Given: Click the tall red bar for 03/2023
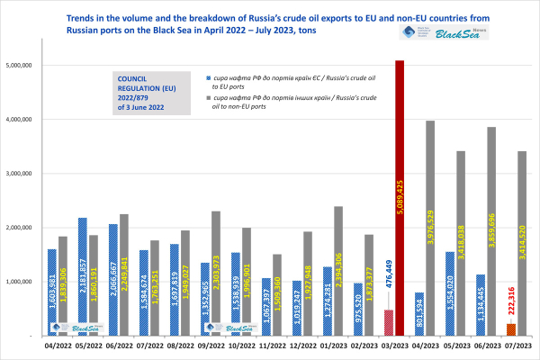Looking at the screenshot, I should [x=400, y=198].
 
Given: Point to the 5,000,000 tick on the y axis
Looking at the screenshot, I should [x=19, y=66].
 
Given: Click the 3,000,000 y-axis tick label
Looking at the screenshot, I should [x=19, y=174].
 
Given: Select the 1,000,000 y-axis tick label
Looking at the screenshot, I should [x=19, y=282].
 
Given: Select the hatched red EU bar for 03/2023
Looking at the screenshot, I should [x=389, y=322].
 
